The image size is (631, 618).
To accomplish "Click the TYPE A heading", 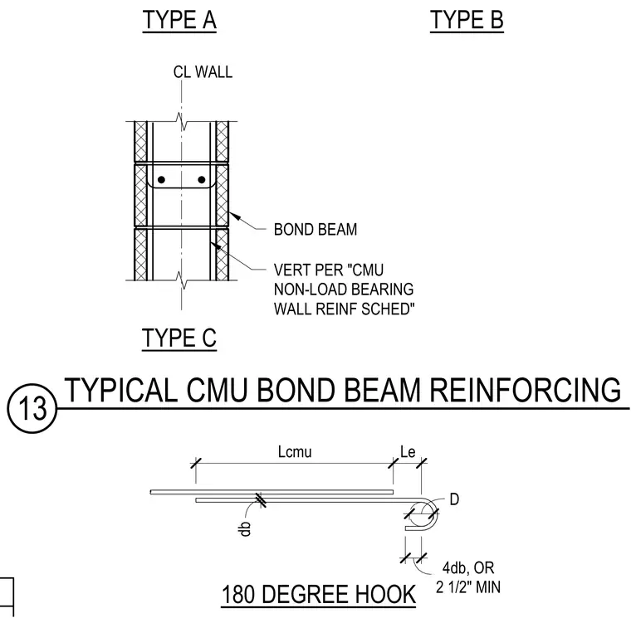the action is click(x=179, y=20).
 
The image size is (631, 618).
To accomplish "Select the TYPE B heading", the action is click(x=467, y=20).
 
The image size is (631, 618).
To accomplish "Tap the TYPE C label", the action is click(x=179, y=338).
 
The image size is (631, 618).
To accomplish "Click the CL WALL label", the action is click(x=203, y=72).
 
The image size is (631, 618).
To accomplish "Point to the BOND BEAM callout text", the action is click(x=315, y=230).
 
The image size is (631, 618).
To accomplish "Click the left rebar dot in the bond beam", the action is click(x=161, y=180).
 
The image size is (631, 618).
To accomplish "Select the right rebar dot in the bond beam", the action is click(x=202, y=180).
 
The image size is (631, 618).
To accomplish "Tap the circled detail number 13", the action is click(x=32, y=408).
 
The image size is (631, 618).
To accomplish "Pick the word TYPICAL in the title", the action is click(x=121, y=390).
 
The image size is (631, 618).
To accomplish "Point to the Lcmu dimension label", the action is click(x=295, y=452).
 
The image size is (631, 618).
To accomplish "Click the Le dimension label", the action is click(x=408, y=452).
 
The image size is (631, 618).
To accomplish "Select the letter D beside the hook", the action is click(x=454, y=499).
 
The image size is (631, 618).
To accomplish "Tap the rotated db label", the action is click(x=245, y=528).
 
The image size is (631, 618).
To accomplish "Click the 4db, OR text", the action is click(x=468, y=567).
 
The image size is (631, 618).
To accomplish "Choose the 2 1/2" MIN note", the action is click(x=468, y=587).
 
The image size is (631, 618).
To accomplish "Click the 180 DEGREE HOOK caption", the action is click(x=319, y=594).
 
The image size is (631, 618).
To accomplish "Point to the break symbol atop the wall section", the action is click(x=182, y=121).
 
